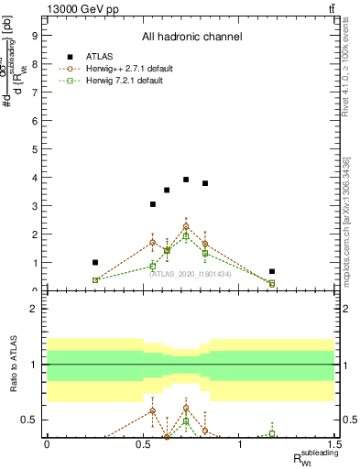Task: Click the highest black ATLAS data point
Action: click(186, 180)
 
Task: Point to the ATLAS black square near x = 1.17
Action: click(272, 271)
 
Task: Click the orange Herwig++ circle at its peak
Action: click(186, 226)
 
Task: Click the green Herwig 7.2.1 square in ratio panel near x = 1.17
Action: click(272, 433)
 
